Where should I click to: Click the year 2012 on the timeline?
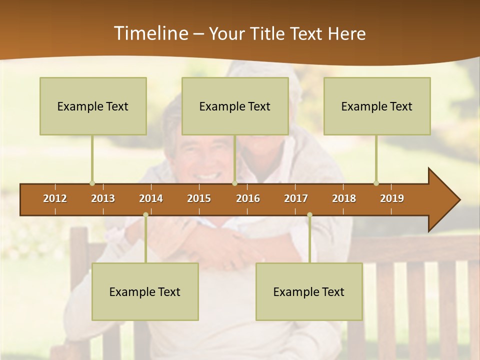coord(55,198)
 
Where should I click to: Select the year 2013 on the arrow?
coord(103,198)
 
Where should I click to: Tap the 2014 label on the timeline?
coord(151,198)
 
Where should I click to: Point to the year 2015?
coord(199,198)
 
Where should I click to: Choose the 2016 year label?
coord(248,198)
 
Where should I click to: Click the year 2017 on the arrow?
coord(296,198)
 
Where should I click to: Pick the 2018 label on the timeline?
coord(344,198)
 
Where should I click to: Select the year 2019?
coord(392,198)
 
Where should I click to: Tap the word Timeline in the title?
coord(151,33)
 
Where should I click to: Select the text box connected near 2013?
coord(93,106)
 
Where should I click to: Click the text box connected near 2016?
coord(235,106)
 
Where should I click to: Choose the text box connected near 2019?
coord(377,106)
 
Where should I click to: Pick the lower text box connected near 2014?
coord(145,291)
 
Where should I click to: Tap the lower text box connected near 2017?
coord(309,291)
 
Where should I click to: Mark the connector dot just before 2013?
coord(92,183)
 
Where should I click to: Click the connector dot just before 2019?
coord(376,183)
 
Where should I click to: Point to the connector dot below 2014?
coord(145,214)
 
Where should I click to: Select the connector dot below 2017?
coord(309,214)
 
